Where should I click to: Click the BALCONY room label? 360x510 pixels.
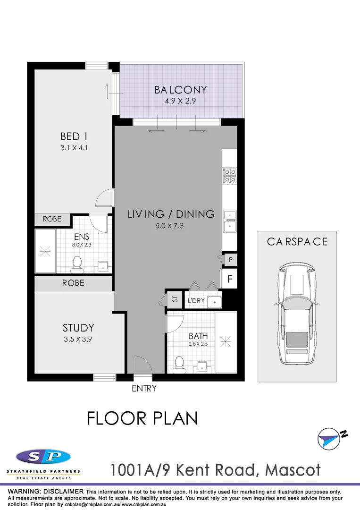point(181,90)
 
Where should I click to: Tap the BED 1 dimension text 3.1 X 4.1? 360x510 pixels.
point(74,147)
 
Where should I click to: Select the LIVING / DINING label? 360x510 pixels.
point(171,214)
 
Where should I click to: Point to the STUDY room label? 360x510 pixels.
point(78,328)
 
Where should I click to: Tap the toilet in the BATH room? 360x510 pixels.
point(179,365)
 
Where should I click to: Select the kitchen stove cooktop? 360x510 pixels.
point(230,175)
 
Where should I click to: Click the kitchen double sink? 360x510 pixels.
point(230,221)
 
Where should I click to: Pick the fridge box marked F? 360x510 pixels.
point(230,279)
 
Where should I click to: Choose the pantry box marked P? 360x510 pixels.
point(230,259)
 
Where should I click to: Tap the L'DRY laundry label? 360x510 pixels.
point(196,300)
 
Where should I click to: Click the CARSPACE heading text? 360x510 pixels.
point(297,241)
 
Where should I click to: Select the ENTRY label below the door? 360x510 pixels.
point(144,389)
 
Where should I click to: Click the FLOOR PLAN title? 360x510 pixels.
point(142,418)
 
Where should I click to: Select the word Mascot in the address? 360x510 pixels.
point(293,470)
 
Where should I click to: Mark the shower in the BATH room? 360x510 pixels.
point(226,341)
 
